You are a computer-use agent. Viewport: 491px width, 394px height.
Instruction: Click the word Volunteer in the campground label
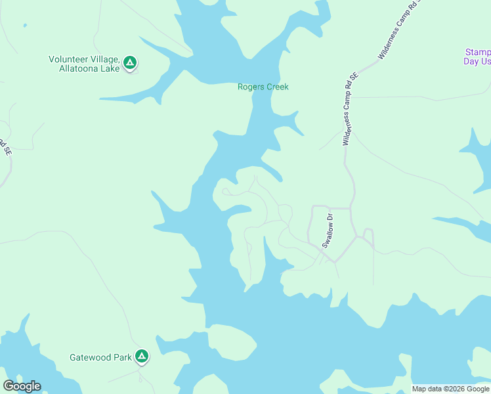[x=69, y=59]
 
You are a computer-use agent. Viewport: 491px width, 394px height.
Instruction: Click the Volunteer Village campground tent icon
[x=130, y=63]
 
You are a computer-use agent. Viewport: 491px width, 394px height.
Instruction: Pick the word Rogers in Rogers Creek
[x=251, y=87]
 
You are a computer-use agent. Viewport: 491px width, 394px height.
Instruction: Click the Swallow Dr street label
[x=328, y=230]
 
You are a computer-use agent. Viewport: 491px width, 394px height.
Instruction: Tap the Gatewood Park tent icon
[x=142, y=357]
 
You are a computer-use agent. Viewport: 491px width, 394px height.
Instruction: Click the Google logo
[x=22, y=386]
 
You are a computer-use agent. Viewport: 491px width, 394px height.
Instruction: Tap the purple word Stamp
[x=477, y=52]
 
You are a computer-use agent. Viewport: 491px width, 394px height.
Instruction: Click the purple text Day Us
[x=477, y=61]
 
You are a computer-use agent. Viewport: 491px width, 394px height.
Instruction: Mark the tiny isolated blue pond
[x=24, y=26]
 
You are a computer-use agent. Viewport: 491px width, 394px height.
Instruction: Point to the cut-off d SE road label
[x=6, y=146]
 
